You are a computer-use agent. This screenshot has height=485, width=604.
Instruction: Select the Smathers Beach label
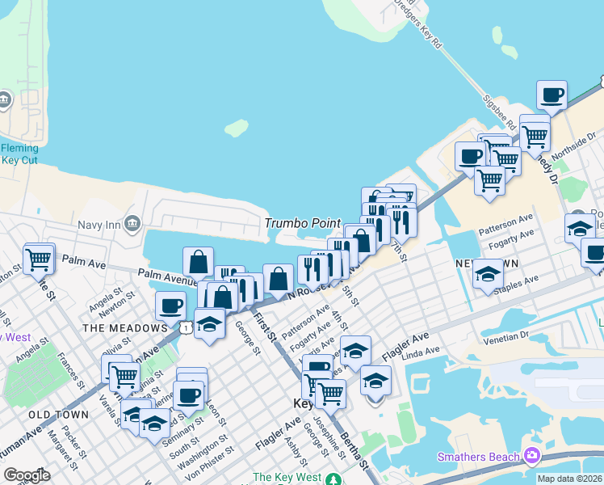(479, 457)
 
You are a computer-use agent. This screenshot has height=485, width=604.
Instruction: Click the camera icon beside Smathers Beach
(531, 457)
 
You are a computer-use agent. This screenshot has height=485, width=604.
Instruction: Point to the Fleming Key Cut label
(19, 154)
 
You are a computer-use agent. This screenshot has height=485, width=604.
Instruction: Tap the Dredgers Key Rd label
(418, 24)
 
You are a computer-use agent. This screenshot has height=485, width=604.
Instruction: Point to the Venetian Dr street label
(505, 335)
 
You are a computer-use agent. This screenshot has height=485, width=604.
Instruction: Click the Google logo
(27, 475)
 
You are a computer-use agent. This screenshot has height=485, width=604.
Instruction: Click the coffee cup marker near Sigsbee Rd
(552, 95)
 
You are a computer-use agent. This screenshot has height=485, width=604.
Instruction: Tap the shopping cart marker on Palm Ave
(39, 259)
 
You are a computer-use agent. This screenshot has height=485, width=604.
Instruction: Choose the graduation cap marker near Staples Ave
(488, 276)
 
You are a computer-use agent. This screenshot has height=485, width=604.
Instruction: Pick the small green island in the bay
(236, 128)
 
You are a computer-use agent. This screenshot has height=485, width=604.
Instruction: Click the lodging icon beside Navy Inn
(133, 223)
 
